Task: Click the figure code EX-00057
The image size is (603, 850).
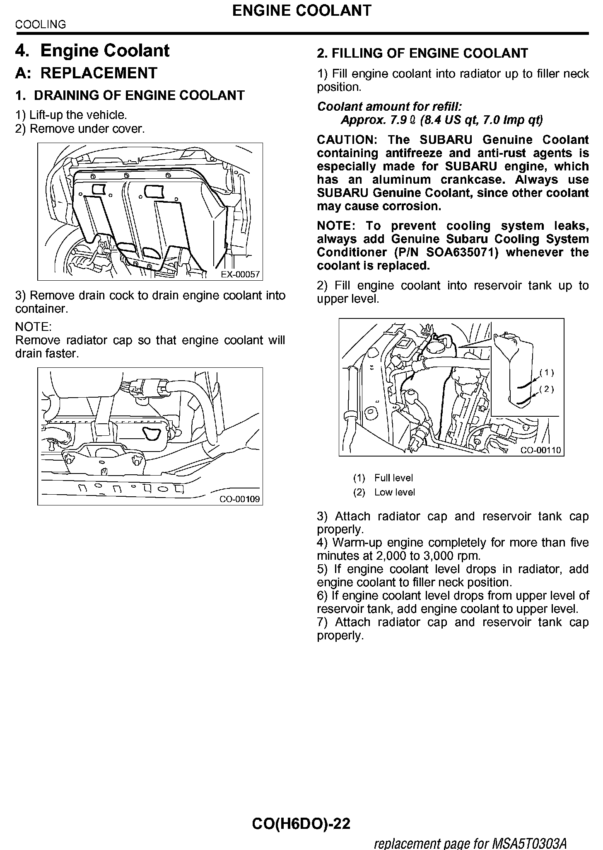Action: tap(240, 274)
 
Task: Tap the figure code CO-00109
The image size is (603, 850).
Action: tap(240, 499)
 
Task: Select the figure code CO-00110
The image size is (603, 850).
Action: tap(541, 450)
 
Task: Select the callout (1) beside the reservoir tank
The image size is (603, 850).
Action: tap(547, 372)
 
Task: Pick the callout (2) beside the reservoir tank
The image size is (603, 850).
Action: tap(547, 389)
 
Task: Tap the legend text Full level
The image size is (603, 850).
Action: tap(393, 478)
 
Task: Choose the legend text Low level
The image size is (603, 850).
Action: tap(394, 492)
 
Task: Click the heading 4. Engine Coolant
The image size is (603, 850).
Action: tap(92, 51)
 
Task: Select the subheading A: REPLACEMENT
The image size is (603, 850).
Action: tap(86, 73)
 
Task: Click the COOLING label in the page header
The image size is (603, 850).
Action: tap(41, 25)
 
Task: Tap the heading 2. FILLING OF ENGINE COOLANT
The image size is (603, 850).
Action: tap(422, 53)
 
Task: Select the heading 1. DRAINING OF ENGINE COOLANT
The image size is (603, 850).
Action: tap(130, 95)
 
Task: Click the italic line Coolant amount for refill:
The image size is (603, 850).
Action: tap(389, 107)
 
